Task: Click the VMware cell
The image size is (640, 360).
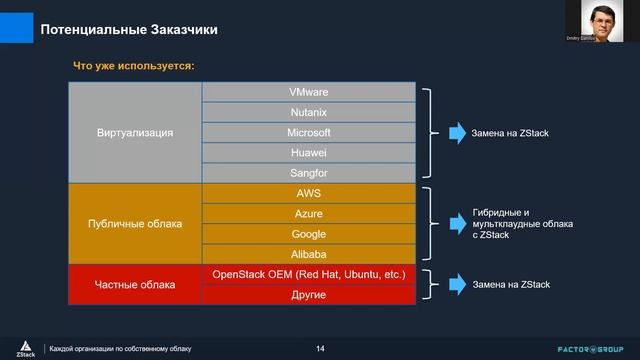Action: (308, 93)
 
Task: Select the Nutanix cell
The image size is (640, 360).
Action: (308, 113)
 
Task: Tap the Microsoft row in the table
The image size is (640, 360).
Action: (308, 133)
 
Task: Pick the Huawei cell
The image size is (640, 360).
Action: (308, 153)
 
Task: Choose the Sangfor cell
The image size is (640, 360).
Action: (308, 173)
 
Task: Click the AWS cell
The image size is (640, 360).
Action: (308, 194)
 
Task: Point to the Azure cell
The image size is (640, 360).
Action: (308, 214)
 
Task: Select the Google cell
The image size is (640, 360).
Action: (308, 234)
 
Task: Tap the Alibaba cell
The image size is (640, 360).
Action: (308, 254)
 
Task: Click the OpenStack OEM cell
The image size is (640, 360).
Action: (308, 274)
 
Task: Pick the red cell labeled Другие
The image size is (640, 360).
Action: (308, 295)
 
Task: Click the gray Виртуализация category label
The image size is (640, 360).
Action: (135, 133)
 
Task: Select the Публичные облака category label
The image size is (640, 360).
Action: (135, 224)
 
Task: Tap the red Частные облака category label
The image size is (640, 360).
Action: (135, 285)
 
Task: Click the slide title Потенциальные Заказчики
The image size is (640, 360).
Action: (128, 30)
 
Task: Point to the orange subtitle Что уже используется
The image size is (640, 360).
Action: (134, 66)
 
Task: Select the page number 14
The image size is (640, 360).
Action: (320, 348)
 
